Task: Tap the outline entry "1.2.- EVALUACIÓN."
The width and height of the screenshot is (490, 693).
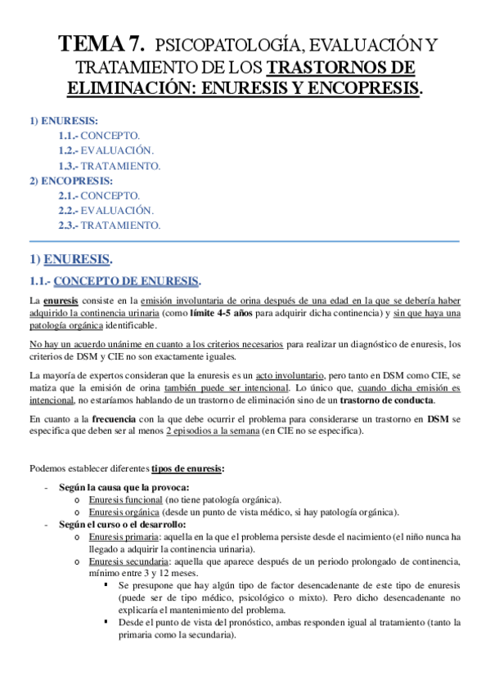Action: [106, 150]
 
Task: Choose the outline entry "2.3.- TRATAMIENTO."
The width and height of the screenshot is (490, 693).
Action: [109, 225]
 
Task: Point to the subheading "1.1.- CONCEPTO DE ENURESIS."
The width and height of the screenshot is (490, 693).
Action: [115, 282]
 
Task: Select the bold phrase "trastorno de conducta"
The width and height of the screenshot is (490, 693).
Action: [388, 400]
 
